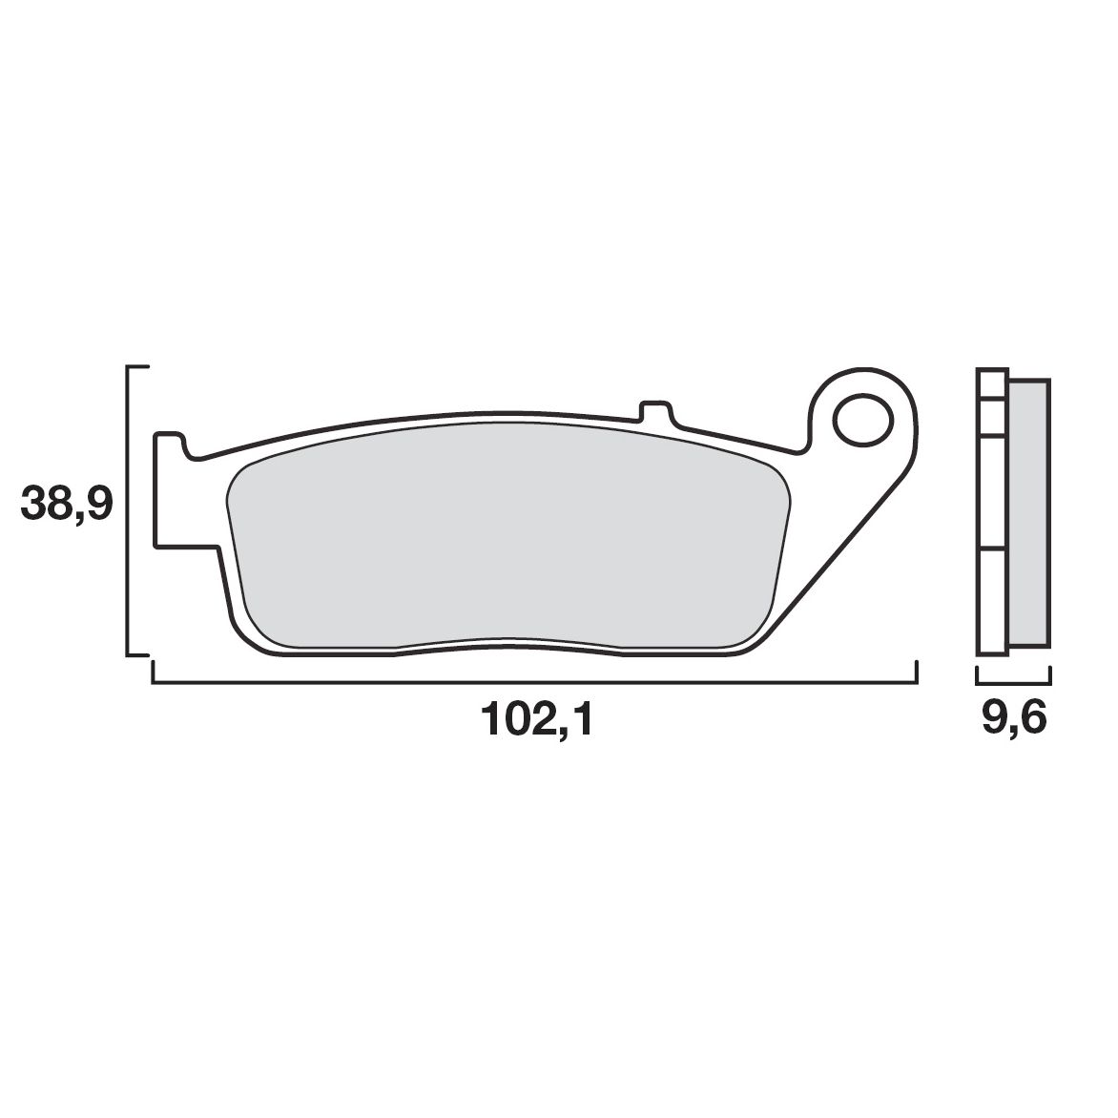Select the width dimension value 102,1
point(537,720)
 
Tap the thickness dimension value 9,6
point(1013,720)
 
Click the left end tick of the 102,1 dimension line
point(153,673)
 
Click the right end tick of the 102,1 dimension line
point(916,673)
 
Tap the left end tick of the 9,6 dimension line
point(977,676)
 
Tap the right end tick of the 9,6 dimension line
point(1049,676)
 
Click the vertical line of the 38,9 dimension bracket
point(128,510)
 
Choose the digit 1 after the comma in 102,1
point(582,720)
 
